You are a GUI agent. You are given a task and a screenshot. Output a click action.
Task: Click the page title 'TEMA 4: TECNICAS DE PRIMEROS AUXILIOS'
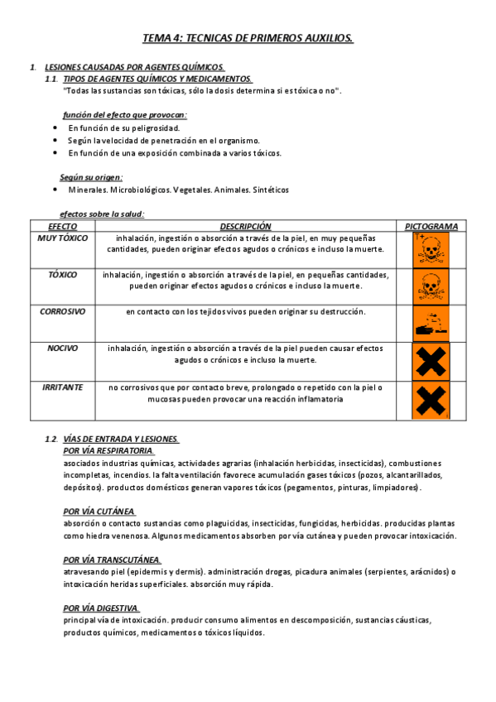248,38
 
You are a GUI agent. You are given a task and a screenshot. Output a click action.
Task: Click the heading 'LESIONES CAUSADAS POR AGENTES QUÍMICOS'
134,67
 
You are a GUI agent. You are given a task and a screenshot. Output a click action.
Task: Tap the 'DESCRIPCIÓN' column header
245,226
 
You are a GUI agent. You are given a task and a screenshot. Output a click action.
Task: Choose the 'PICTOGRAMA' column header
431,226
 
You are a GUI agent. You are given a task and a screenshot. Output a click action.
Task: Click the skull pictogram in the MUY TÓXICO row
430,249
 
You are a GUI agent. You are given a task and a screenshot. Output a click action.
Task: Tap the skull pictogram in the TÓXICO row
430,286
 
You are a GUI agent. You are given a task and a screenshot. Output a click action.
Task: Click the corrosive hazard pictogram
430,323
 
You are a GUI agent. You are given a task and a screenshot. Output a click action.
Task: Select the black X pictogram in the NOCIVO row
430,361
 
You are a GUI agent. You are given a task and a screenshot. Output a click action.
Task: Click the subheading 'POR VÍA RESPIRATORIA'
108,451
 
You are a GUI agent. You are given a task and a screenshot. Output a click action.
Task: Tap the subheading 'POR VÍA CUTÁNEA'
99,512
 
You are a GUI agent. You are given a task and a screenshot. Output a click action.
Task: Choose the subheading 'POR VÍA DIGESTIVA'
101,608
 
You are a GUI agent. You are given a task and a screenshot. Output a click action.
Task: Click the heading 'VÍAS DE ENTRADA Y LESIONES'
121,439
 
